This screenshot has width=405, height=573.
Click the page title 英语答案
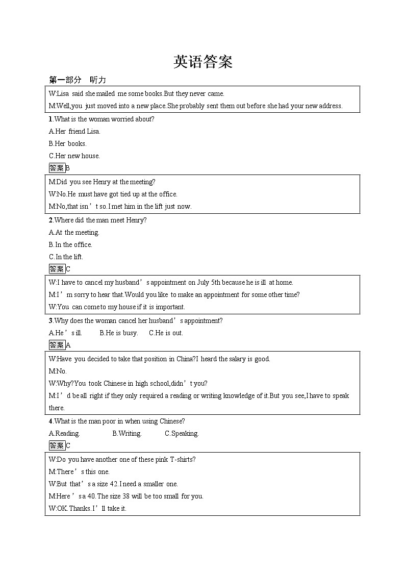(202, 62)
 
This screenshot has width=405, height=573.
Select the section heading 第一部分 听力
(77, 80)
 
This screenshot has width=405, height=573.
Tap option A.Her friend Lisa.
(74, 131)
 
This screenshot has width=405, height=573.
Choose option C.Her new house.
(74, 156)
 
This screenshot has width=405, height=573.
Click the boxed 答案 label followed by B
(57, 168)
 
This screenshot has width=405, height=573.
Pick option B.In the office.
(70, 244)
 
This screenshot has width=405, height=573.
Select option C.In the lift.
(66, 257)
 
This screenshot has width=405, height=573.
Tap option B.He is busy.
(118, 333)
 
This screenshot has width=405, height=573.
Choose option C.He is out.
(166, 333)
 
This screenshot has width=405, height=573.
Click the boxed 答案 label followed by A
(57, 345)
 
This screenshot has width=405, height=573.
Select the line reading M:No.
(58, 371)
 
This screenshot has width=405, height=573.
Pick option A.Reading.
(64, 433)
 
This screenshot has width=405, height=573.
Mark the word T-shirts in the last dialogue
(181, 459)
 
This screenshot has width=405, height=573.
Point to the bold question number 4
(50, 421)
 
